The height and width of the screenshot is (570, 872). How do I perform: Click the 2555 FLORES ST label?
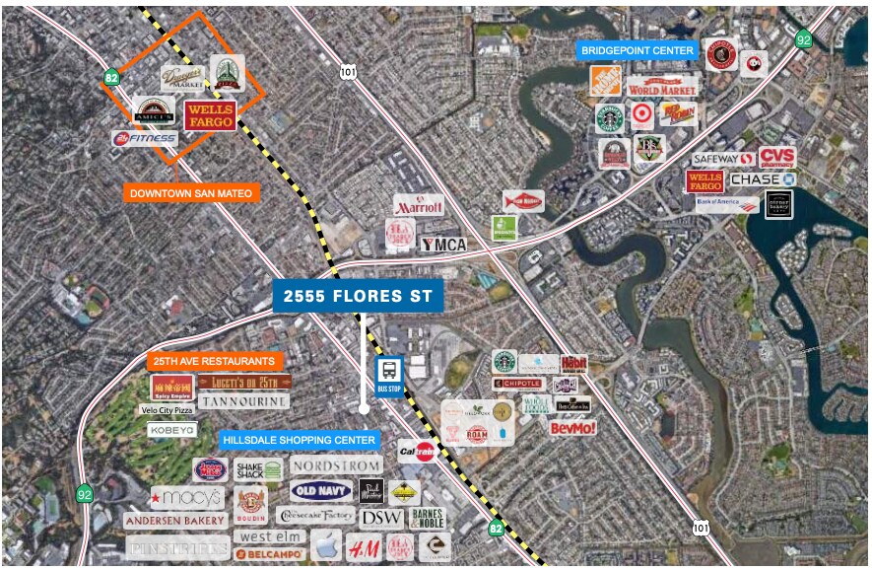pyautogui.click(x=358, y=296)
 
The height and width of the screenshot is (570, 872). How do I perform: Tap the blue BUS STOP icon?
pyautogui.click(x=389, y=375)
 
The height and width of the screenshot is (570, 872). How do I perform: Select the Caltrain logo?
pyautogui.click(x=418, y=452)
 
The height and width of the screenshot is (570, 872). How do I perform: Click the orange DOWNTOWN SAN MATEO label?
pyautogui.click(x=191, y=193)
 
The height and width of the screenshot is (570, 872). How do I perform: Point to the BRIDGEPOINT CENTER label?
pyautogui.click(x=637, y=50)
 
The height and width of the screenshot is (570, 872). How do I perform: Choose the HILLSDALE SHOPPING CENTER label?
pyautogui.click(x=297, y=440)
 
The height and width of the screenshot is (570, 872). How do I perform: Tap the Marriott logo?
pyautogui.click(x=419, y=206)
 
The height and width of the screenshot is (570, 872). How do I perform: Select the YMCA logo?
pyautogui.click(x=442, y=244)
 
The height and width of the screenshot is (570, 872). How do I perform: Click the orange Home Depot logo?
pyautogui.click(x=605, y=81)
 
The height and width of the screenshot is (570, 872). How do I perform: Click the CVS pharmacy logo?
pyautogui.click(x=776, y=158)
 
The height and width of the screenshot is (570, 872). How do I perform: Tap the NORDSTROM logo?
pyautogui.click(x=335, y=464)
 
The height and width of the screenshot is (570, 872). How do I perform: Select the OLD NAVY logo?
pyautogui.click(x=320, y=490)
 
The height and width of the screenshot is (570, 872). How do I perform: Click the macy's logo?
pyautogui.click(x=187, y=497)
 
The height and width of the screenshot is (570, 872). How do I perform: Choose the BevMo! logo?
pyautogui.click(x=571, y=428)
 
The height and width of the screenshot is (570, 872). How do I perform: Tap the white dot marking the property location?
pyautogui.click(x=364, y=408)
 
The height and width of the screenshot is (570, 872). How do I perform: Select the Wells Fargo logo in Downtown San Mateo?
pyautogui.click(x=210, y=115)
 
